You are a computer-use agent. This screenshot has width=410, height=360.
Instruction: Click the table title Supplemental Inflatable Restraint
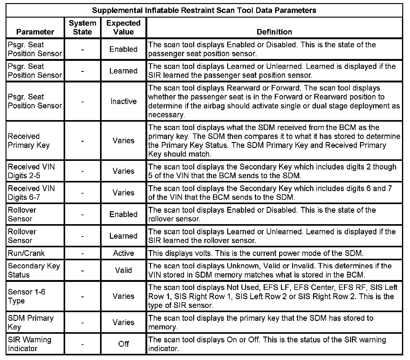204,10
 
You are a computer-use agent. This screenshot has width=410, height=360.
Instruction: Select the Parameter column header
35,32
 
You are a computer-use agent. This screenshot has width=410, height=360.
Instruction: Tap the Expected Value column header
123,27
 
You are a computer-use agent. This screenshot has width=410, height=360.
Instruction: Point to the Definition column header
274,32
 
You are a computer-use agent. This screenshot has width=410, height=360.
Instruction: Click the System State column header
82,27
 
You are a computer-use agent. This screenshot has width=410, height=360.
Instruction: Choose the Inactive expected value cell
123,101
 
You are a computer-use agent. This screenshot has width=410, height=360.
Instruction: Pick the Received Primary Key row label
29,141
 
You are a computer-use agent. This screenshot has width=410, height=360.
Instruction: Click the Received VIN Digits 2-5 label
31,171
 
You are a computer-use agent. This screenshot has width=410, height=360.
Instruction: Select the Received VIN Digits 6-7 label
31,193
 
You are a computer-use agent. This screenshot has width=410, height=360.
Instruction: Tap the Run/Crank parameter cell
26,253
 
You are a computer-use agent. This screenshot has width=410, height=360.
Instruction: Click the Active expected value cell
123,253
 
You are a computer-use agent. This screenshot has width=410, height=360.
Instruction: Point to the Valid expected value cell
123,270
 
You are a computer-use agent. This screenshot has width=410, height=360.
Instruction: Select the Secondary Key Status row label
34,270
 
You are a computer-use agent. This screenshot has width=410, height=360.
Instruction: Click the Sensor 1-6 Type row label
27,296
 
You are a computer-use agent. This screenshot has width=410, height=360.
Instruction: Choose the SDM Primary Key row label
31,323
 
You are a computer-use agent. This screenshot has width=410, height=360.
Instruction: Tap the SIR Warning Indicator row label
29,344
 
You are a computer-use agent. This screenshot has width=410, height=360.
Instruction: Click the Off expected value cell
123,344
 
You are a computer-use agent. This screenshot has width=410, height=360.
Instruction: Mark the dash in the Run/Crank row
82,253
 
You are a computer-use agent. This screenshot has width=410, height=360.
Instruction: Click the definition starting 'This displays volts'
256,253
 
